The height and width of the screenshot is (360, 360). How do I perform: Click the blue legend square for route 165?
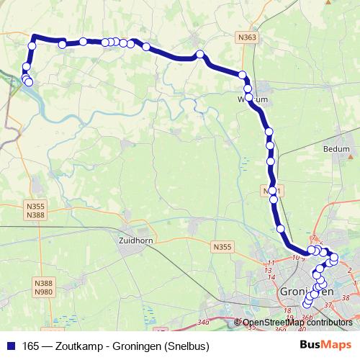[11, 345]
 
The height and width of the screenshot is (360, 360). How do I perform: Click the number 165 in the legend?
[31, 345]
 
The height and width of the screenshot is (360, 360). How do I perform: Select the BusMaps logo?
[325, 344]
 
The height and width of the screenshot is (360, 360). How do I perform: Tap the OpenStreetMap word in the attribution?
[274, 322]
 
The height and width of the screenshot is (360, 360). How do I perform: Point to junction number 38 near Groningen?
[346, 296]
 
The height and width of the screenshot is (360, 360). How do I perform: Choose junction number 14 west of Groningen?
[270, 277]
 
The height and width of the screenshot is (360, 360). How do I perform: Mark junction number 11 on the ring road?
[271, 263]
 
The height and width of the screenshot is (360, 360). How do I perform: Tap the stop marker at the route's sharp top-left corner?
[32, 47]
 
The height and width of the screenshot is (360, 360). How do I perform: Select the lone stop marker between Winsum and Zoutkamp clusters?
[200, 54]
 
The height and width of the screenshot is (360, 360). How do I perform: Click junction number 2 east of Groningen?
[348, 270]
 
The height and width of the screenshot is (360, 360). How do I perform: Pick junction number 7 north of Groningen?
[313, 238]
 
